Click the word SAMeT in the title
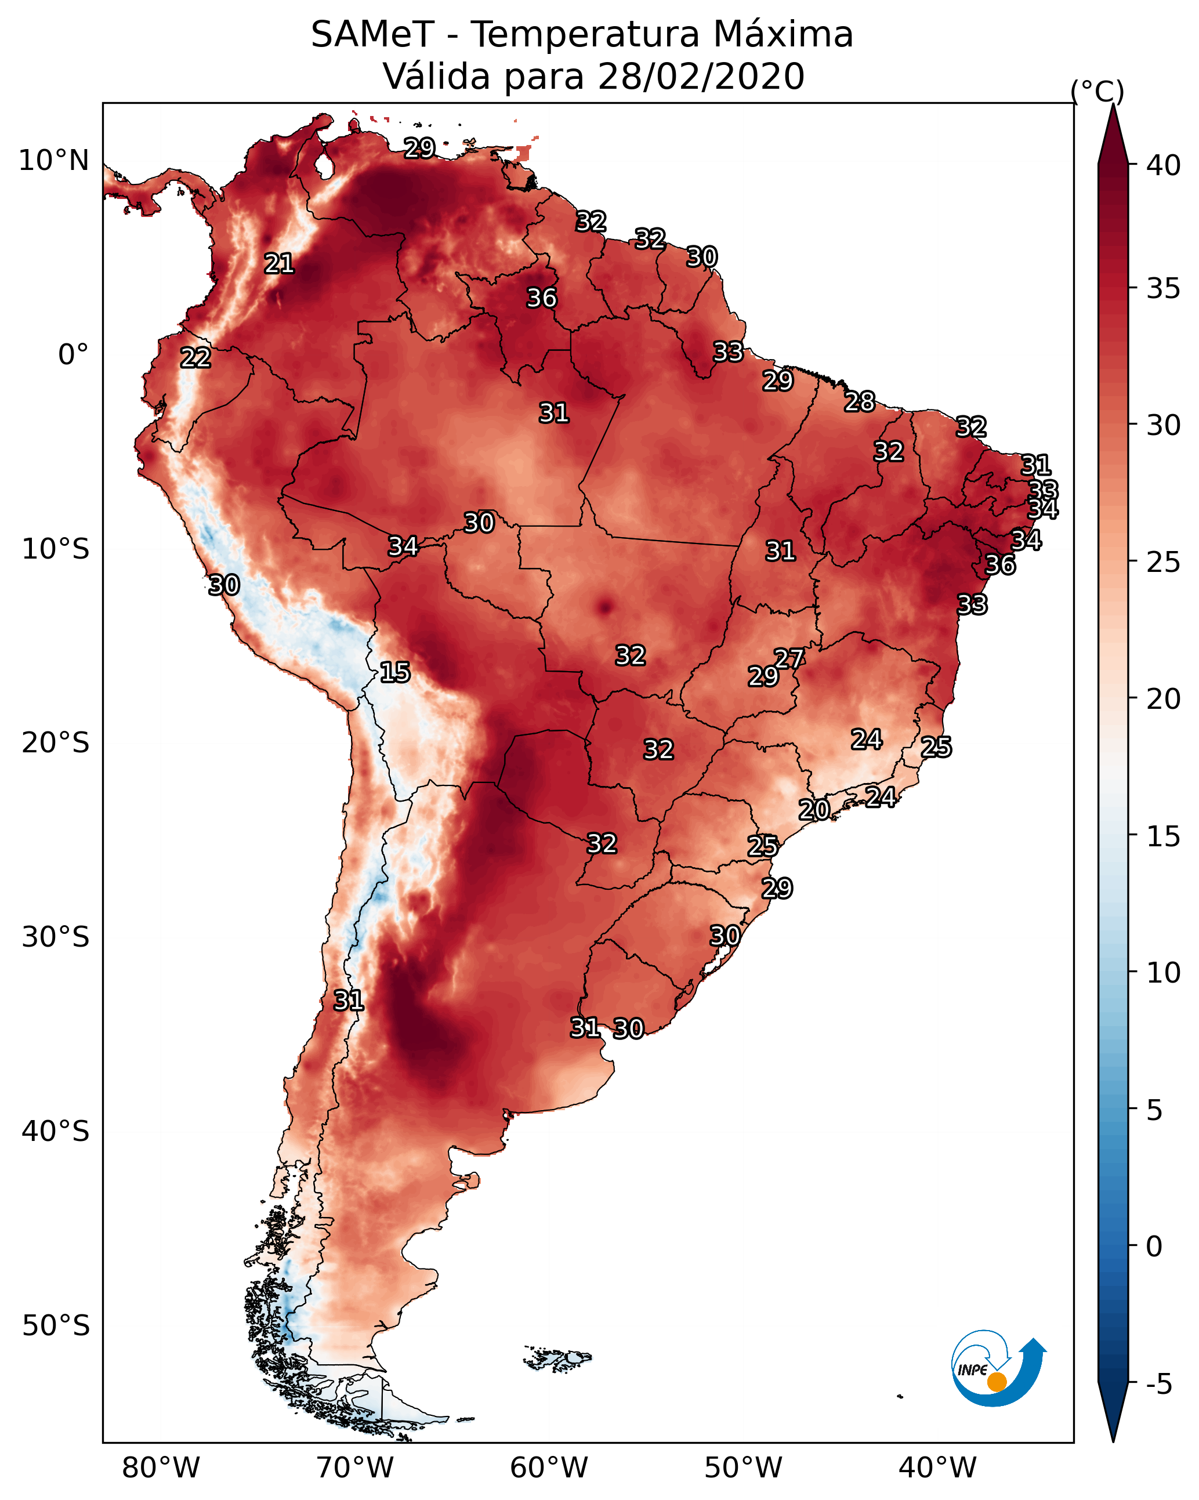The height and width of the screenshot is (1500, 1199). click(x=372, y=35)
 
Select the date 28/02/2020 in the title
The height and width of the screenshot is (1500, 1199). click(x=701, y=77)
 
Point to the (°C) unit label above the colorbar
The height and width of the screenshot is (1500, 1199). click(x=1097, y=91)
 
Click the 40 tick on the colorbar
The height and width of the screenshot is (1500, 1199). click(x=1163, y=165)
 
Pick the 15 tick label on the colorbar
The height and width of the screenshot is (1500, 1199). click(x=1163, y=836)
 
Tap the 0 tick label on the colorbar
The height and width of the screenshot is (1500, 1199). click(x=1154, y=1247)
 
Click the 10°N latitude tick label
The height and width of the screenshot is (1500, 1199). click(x=53, y=161)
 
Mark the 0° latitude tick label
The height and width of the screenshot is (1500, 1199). click(x=73, y=355)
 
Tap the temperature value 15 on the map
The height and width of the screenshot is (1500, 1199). click(x=394, y=672)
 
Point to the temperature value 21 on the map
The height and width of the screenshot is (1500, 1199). click(x=279, y=264)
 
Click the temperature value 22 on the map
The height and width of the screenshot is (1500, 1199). click(x=195, y=358)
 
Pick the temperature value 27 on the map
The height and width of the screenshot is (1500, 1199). click(x=789, y=658)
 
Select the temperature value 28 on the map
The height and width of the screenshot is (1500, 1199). click(x=860, y=401)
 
